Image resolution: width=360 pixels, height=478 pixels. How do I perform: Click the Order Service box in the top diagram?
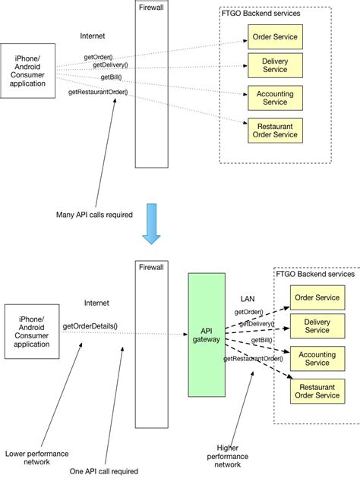click(x=275, y=36)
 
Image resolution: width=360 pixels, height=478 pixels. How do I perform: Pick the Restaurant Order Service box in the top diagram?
click(x=275, y=130)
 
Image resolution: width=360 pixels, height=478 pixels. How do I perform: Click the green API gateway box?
click(x=207, y=334)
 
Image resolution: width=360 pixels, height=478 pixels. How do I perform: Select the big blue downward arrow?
click(x=153, y=223)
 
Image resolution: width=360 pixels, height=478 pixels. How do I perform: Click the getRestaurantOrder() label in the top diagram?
click(x=98, y=93)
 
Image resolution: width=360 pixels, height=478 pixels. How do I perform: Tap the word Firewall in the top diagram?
click(x=151, y=7)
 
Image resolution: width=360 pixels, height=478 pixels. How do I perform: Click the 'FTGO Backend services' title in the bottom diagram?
click(x=314, y=273)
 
